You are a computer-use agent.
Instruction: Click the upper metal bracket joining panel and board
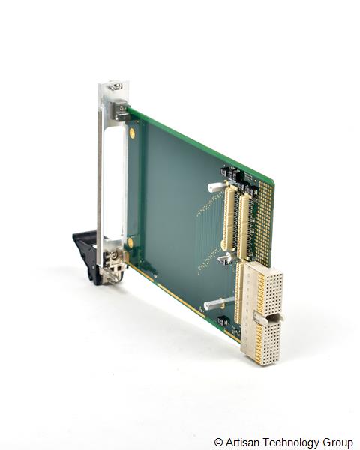[121, 110]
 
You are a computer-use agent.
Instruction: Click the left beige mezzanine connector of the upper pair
[227, 218]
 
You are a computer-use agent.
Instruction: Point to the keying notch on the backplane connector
[271, 319]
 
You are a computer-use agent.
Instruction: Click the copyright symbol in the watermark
[218, 442]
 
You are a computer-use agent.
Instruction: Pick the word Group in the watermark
[337, 442]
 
